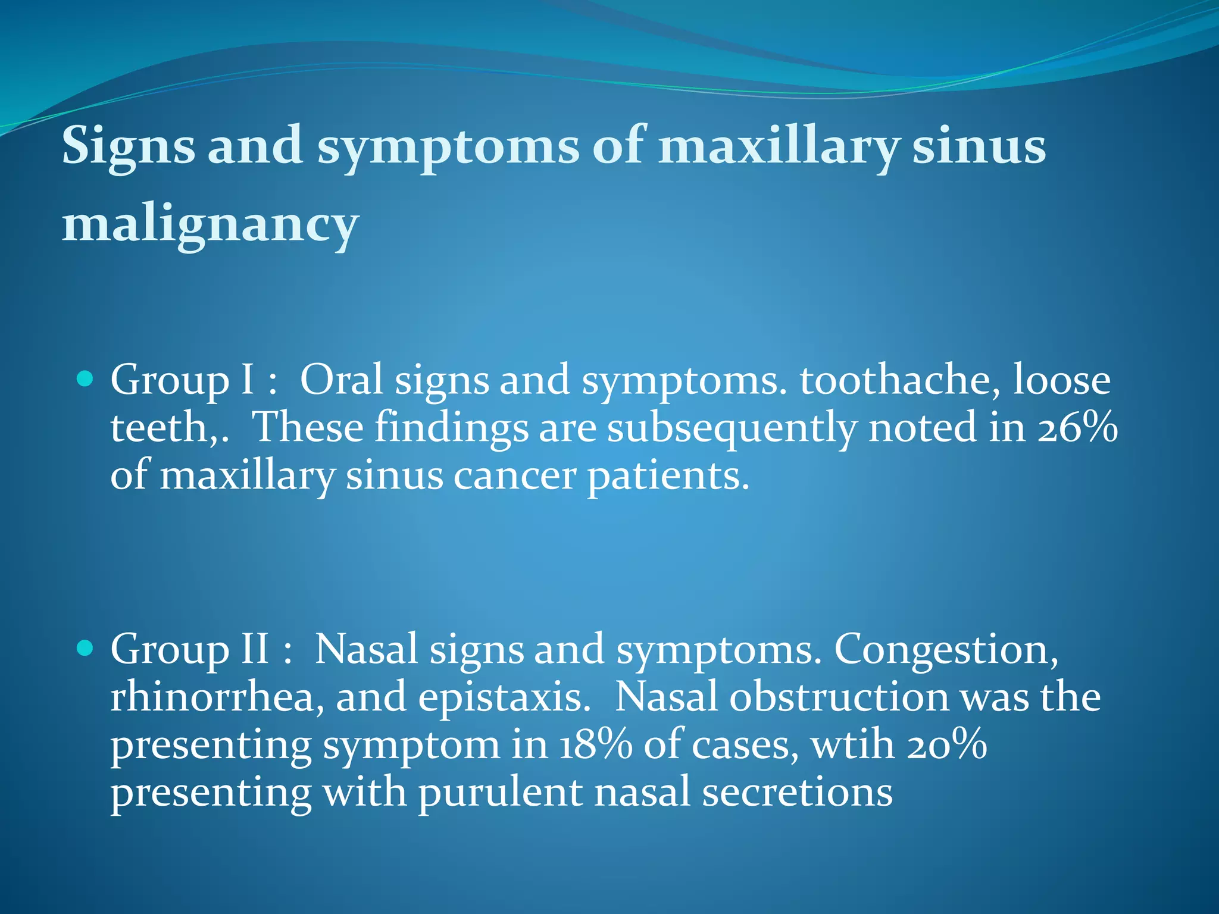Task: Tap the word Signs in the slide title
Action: click(128, 146)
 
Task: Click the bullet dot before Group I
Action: click(86, 378)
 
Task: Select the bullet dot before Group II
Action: click(86, 647)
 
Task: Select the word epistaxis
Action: click(504, 697)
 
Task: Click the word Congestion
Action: click(946, 649)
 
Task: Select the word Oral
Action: click(341, 380)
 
